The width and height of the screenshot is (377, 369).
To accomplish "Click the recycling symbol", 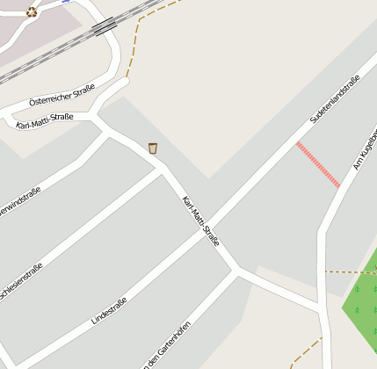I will pos(32,11).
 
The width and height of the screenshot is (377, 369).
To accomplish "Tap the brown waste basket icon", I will pos(153,148).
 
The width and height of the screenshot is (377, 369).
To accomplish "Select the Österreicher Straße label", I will pos(62,100).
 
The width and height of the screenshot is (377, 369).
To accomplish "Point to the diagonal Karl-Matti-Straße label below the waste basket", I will pos(200,220).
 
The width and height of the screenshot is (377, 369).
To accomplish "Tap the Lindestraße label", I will pos(109,313).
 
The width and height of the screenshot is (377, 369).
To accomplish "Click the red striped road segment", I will pos(318,164).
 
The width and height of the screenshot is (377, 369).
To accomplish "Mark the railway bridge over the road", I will pos(105,26).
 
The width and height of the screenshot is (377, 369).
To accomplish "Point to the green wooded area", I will pos(360,303).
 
